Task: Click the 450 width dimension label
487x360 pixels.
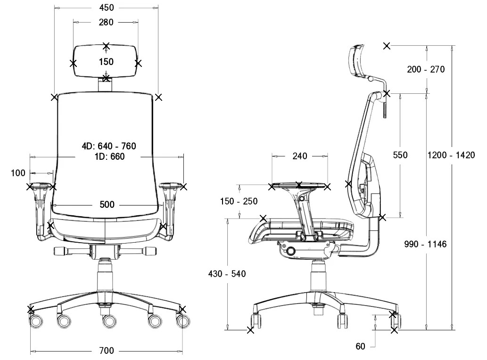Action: click(x=107, y=8)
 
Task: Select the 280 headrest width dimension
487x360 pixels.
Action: click(x=106, y=22)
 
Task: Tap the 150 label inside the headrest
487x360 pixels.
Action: click(x=106, y=62)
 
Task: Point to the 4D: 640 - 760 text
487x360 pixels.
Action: click(x=109, y=146)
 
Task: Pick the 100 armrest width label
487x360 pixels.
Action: click(x=18, y=173)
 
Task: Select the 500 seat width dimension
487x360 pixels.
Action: click(x=107, y=205)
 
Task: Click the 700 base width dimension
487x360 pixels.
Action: click(x=107, y=351)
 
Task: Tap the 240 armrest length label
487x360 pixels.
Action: click(x=300, y=156)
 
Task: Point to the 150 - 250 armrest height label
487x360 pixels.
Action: click(x=239, y=201)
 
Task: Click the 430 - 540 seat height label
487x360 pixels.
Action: click(x=227, y=274)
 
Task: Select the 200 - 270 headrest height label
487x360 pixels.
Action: click(x=426, y=69)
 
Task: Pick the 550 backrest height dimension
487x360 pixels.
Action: click(x=400, y=155)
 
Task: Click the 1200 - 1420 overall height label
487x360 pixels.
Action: click(x=451, y=155)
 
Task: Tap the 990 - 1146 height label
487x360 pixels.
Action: click(x=426, y=244)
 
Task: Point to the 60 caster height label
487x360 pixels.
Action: click(x=360, y=346)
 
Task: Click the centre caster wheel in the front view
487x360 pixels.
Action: click(x=109, y=321)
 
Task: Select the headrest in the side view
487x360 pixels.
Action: click(x=358, y=60)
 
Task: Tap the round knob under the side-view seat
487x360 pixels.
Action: click(x=291, y=251)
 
